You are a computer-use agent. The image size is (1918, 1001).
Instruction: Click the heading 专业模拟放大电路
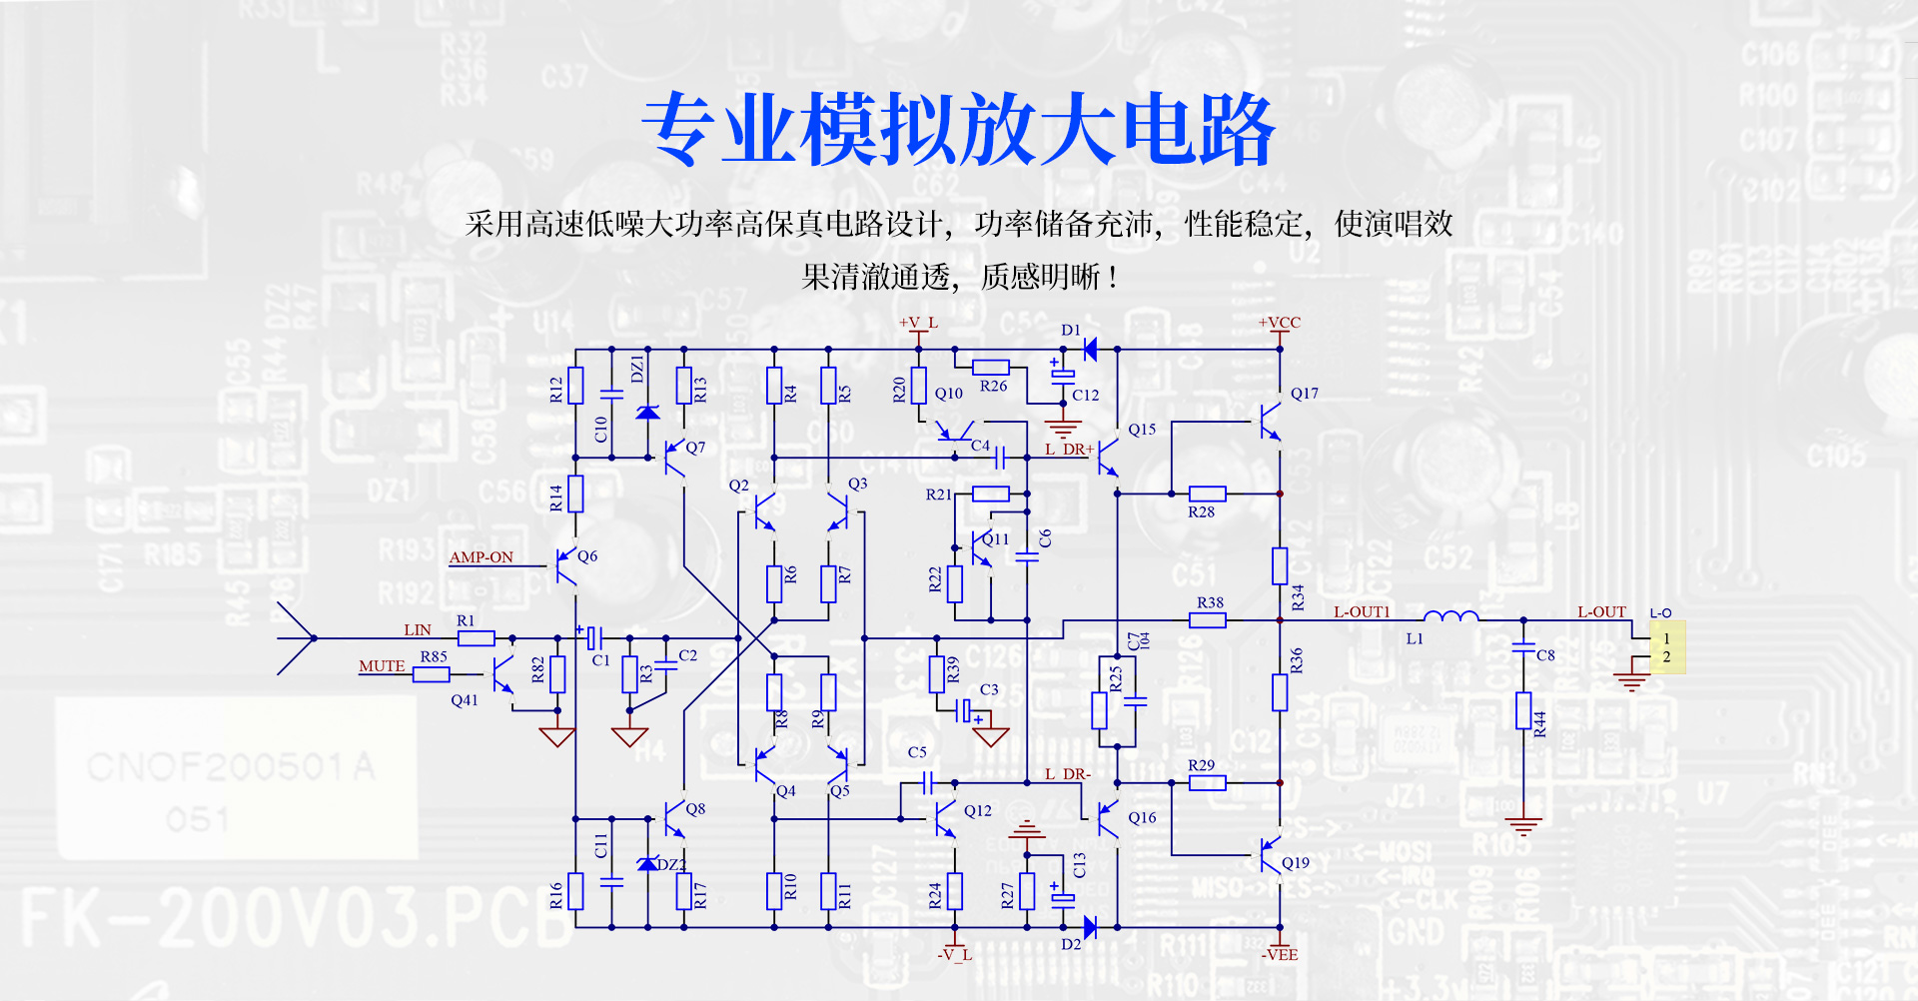point(958,130)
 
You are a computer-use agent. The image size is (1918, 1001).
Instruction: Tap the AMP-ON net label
point(480,557)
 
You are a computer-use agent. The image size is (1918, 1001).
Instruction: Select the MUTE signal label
point(382,666)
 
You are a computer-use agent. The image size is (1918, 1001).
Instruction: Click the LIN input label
point(418,630)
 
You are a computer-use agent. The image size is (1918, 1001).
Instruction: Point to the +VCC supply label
point(1279,323)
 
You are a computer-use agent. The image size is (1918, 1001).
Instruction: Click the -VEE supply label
point(1279,955)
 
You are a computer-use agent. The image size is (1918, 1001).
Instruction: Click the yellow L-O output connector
point(1666,647)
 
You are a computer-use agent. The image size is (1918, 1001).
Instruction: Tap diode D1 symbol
point(1090,350)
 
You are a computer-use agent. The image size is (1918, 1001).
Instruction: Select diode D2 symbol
point(1090,928)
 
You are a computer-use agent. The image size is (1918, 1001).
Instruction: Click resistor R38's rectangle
point(1208,620)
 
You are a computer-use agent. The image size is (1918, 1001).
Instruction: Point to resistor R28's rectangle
point(1207,494)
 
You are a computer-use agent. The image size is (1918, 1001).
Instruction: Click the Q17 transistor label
point(1304,394)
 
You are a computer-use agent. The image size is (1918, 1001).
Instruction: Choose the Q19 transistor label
point(1295,863)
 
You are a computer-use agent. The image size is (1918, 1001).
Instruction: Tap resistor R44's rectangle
point(1523,711)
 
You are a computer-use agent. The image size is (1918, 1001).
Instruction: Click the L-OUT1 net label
point(1362,612)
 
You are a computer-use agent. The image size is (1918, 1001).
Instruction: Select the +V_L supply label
point(918,323)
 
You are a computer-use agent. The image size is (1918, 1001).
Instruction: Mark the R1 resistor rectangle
point(477,638)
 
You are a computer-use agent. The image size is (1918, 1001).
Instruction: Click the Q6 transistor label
point(587,556)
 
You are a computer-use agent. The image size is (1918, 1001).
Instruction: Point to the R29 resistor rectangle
point(1207,783)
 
